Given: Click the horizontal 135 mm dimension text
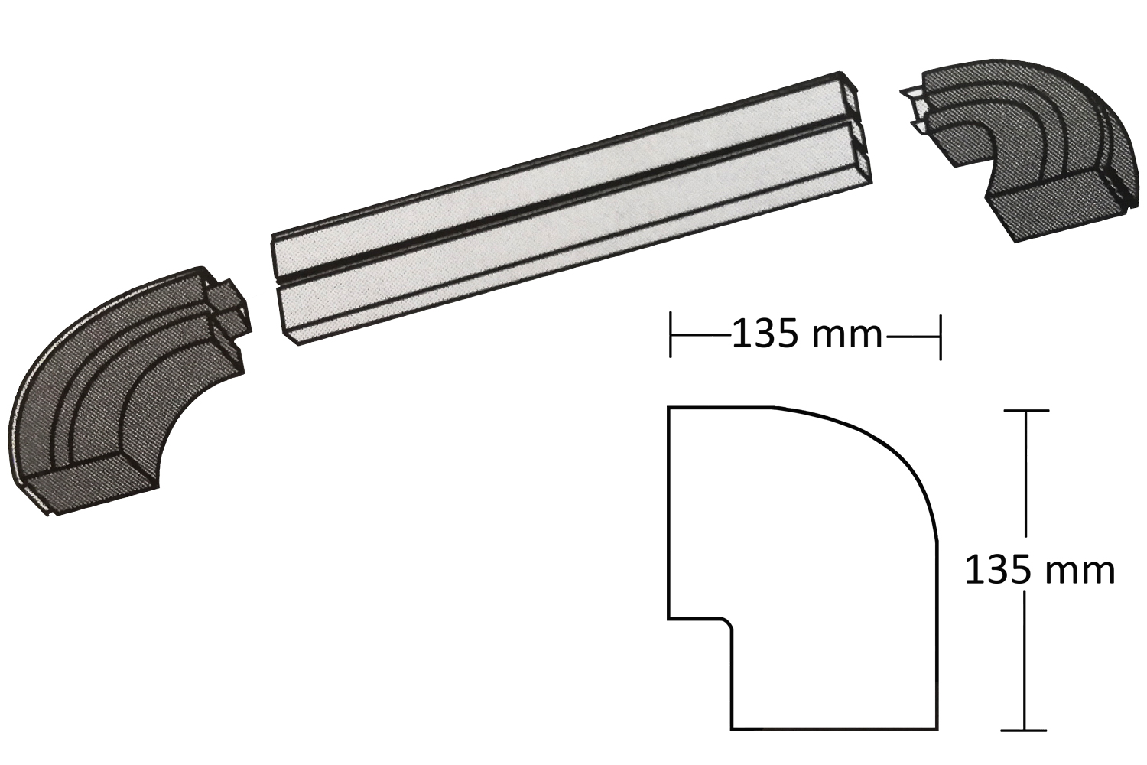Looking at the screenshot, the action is [x=807, y=334].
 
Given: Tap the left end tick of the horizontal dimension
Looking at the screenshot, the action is [x=671, y=336].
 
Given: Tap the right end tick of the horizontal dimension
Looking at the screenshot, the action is [x=940, y=337].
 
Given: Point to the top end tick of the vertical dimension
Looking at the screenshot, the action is [x=1025, y=411].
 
